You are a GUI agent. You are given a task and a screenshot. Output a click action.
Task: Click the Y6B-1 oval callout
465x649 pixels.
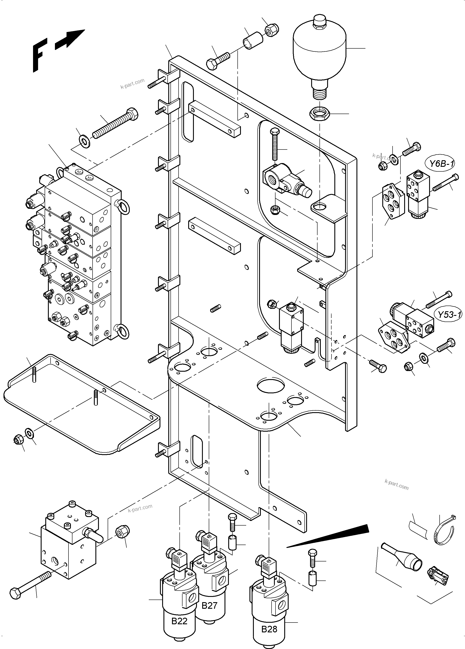click(x=442, y=164)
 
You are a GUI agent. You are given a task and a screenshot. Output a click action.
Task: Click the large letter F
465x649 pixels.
click(x=39, y=56)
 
